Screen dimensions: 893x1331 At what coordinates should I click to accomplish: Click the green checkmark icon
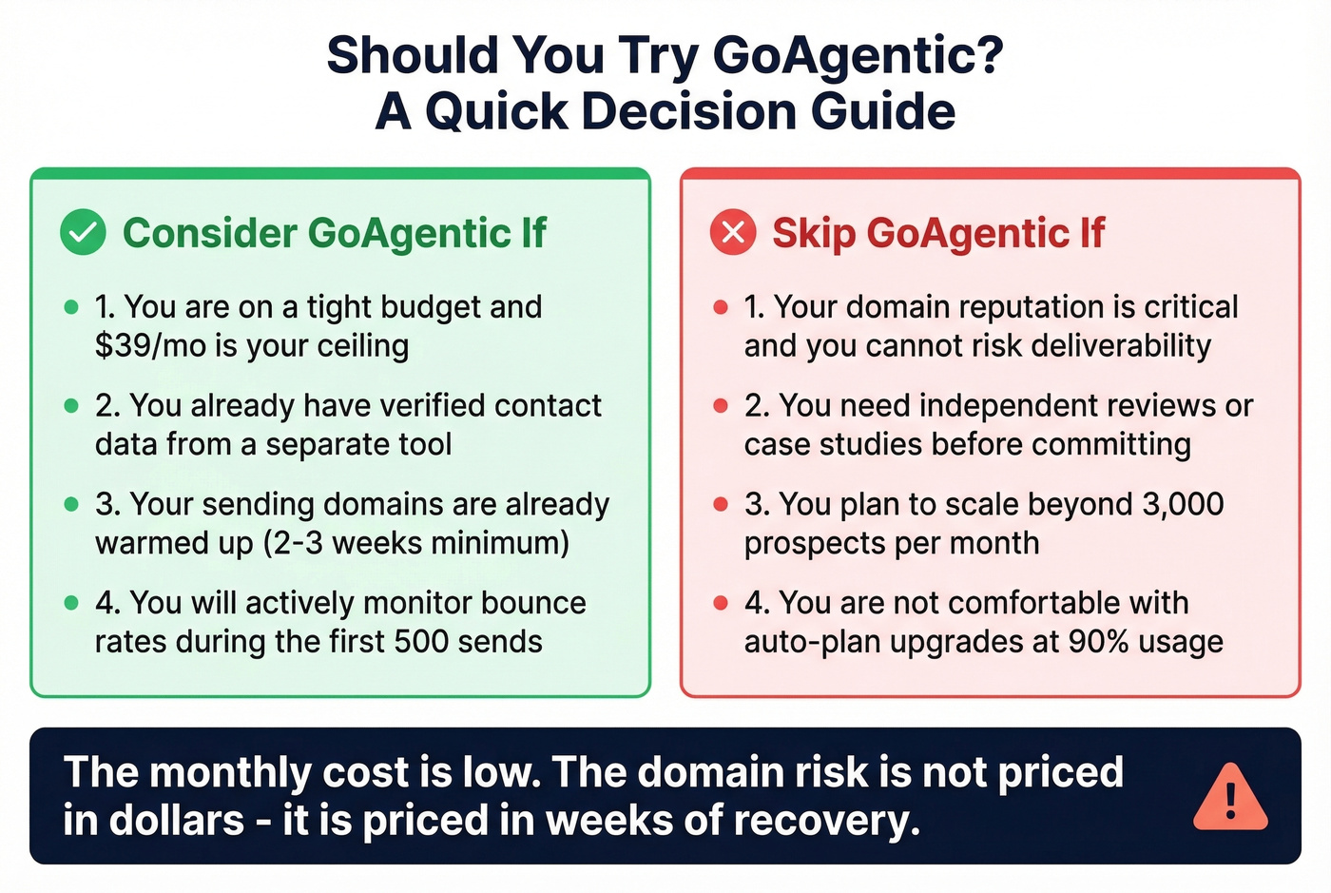[83, 232]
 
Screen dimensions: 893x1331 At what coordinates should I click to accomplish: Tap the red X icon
[733, 232]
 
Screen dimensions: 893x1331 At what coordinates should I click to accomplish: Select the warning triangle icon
[1230, 797]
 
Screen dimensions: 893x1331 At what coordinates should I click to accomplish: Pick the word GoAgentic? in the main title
[858, 54]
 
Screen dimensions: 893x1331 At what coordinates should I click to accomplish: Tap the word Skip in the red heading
[813, 233]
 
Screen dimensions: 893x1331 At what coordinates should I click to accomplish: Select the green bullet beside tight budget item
[71, 307]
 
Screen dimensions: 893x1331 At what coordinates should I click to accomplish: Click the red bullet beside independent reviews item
[721, 406]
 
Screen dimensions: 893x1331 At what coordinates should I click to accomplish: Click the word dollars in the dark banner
[178, 820]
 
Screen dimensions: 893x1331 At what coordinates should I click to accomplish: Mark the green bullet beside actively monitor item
[71, 603]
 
